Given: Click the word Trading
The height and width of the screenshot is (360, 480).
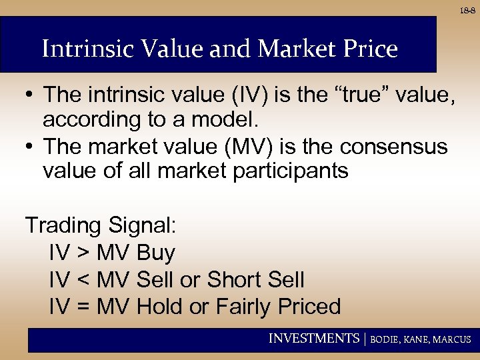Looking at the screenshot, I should point(61,225).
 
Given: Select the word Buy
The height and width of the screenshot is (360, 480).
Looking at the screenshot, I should point(155,253).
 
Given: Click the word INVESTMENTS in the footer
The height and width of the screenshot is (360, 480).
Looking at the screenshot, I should point(313,339).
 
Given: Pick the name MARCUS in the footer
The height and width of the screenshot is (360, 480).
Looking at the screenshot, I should point(452,339).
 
